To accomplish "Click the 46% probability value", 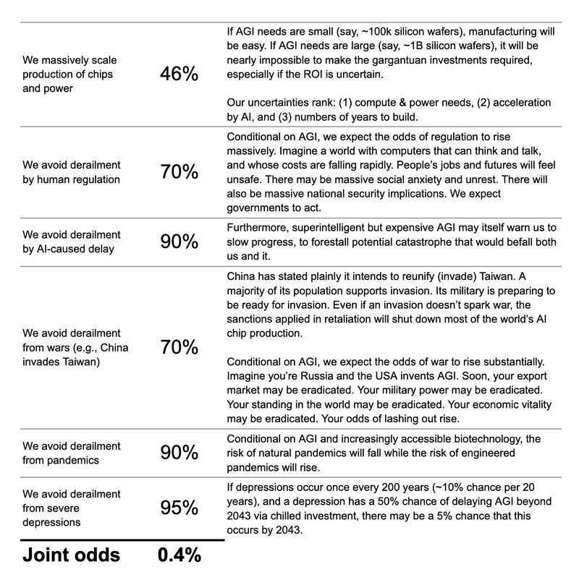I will [x=179, y=73].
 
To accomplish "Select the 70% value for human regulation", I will [x=179, y=171].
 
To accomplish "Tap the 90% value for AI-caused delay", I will [x=179, y=242].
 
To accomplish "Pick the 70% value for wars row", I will [x=179, y=347].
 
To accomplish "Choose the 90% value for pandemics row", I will [x=179, y=453].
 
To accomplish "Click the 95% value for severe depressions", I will [x=179, y=508].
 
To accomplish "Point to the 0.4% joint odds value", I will [x=179, y=555].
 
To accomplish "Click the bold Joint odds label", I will [x=72, y=555].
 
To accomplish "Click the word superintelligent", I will [x=331, y=227].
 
